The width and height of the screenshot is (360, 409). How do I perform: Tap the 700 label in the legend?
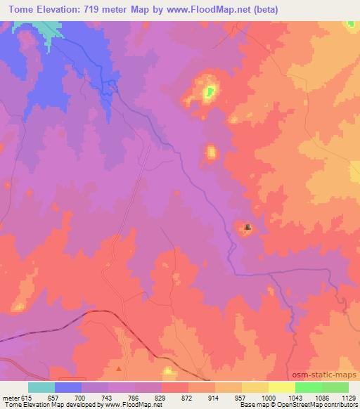point(82,398)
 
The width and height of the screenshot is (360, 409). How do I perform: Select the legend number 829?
point(162,398)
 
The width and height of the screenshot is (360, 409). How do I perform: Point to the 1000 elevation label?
point(269,398)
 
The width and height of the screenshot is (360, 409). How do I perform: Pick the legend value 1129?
point(349,398)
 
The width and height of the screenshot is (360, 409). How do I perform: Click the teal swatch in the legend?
point(41,387)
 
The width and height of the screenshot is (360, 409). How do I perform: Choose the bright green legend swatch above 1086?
point(308,387)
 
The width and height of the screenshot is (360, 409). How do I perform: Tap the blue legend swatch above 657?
point(68,387)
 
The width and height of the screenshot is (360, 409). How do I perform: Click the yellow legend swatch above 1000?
point(255,387)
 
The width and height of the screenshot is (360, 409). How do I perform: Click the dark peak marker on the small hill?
point(247,227)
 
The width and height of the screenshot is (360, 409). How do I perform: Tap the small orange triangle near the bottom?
point(119,368)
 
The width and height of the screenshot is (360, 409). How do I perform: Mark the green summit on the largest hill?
point(209,91)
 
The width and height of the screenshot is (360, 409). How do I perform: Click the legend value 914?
point(215,398)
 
